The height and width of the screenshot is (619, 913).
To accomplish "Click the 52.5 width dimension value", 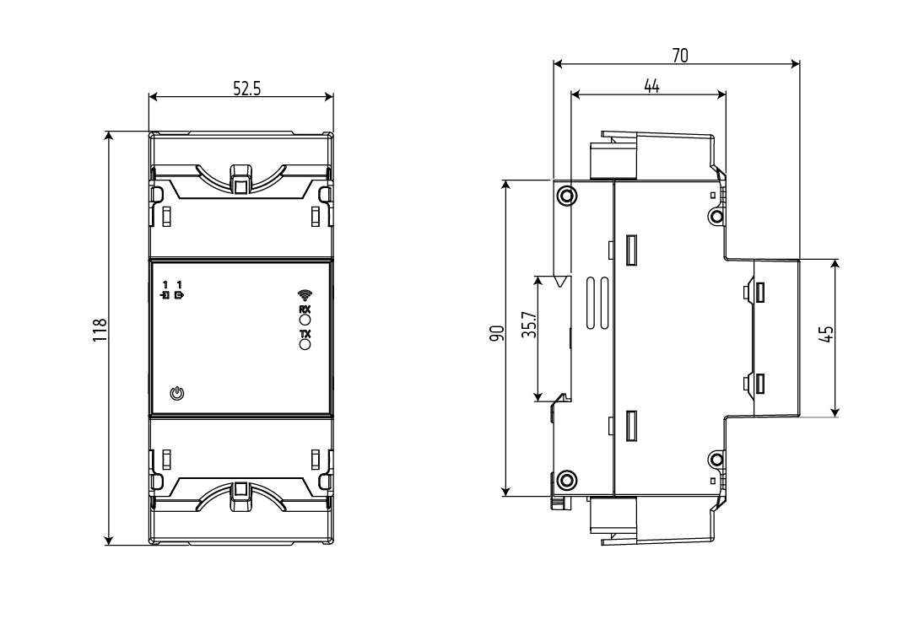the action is click(247, 89).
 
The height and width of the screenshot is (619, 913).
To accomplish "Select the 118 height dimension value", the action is click(100, 331).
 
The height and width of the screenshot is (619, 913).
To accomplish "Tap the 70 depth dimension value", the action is click(680, 56).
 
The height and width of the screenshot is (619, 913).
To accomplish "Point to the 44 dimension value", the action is click(651, 86).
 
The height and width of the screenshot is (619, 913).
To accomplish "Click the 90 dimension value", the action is click(497, 333).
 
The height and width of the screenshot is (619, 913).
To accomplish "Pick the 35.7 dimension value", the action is click(528, 325).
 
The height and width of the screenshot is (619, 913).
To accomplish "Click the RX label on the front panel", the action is click(305, 309).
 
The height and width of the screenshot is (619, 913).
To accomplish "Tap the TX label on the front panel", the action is click(305, 335).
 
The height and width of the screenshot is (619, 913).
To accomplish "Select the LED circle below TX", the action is click(305, 344).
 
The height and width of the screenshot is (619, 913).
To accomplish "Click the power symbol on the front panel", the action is click(177, 394).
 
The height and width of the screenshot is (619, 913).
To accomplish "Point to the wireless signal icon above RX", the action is click(305, 295).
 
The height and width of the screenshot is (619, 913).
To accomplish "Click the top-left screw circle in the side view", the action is click(566, 196).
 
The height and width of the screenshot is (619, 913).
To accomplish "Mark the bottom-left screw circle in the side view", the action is click(566, 481).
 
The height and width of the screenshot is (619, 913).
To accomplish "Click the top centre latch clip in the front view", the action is click(241, 179).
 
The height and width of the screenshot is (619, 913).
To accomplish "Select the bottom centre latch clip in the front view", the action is click(241, 496).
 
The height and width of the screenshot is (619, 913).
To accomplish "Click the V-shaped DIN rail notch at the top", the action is click(561, 282).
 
